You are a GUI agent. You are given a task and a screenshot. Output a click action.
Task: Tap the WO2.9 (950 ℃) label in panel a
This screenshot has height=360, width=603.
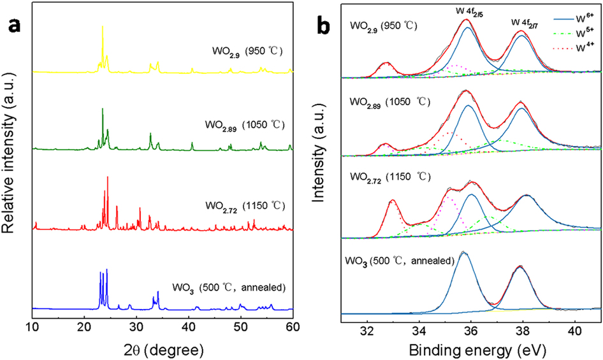(247, 48)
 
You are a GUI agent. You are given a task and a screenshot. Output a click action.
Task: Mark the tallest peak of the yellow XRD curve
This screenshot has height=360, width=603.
(103, 27)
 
